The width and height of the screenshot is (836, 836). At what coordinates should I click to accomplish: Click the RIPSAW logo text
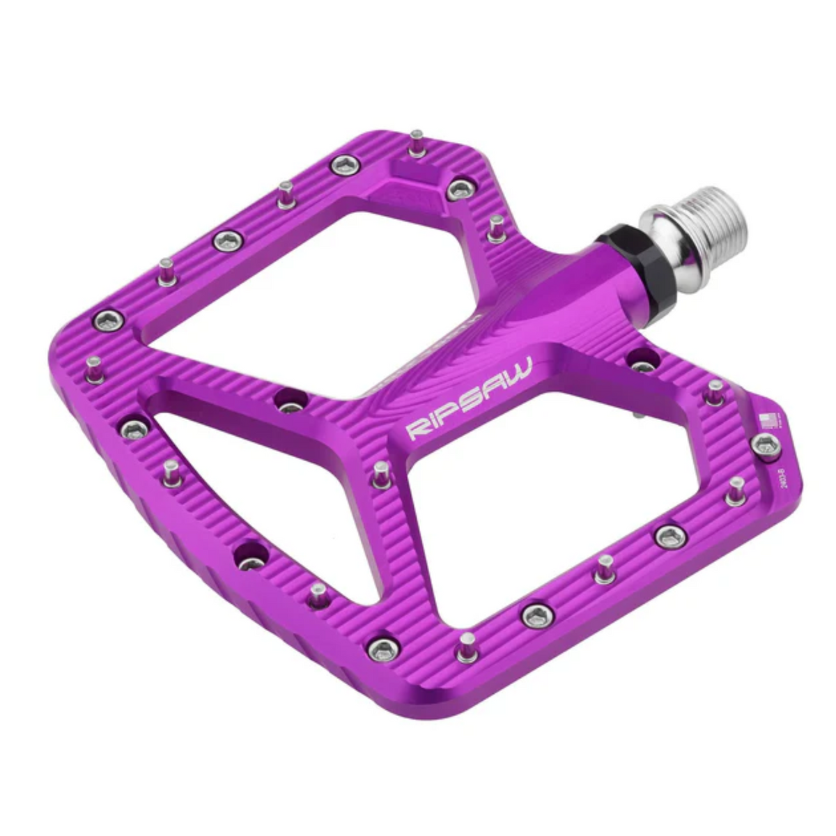coord(470,399)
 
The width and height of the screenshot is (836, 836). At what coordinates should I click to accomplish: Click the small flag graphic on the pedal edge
coord(767,420)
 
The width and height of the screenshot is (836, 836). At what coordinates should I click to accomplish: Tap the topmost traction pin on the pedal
coord(417,142)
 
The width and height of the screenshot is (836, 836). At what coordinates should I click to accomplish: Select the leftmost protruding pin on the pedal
coord(93,369)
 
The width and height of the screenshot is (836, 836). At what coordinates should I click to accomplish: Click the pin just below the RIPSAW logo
coord(381,474)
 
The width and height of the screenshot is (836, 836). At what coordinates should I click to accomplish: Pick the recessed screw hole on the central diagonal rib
coord(291,401)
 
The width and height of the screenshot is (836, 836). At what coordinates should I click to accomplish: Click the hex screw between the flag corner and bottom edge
coord(670,536)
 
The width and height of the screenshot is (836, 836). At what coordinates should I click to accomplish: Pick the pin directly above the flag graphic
coord(714,392)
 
